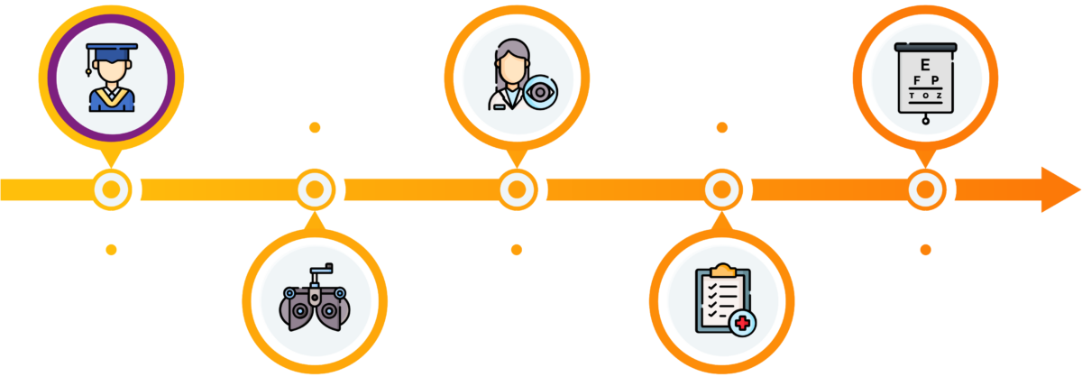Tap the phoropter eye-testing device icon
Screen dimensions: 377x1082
[314, 300]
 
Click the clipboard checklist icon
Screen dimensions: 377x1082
[721, 300]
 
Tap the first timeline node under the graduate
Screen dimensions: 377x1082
[112, 189]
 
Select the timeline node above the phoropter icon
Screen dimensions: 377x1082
[314, 189]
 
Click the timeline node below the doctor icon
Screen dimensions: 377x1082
[517, 189]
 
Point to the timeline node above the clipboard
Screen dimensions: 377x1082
[721, 189]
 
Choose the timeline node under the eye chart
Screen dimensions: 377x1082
[925, 189]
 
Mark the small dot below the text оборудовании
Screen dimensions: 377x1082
[314, 128]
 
